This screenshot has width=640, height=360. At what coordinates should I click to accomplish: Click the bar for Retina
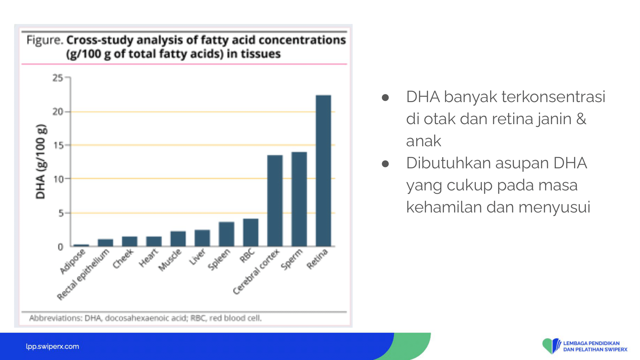(323, 171)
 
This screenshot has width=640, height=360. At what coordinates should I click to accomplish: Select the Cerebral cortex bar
(275, 201)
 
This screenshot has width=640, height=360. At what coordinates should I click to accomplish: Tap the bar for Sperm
(299, 199)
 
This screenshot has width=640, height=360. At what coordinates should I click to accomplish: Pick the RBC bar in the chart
(251, 232)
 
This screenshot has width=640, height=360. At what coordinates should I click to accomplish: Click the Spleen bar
(226, 234)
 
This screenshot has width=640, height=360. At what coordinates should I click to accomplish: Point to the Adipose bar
(81, 245)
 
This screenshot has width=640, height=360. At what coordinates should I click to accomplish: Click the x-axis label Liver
(197, 257)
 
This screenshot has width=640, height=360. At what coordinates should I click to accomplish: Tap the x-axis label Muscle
(170, 260)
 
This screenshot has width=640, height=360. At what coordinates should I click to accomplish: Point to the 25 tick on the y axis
(58, 78)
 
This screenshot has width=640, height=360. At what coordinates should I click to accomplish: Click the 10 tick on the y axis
(59, 179)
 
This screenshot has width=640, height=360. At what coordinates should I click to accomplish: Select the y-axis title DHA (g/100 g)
(41, 162)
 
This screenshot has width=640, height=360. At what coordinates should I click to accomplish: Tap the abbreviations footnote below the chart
(146, 318)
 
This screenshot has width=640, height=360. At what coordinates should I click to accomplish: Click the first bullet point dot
(385, 98)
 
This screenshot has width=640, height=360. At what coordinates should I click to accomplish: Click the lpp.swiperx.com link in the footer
(52, 346)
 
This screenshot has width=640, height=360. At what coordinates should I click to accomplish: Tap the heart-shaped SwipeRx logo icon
(551, 346)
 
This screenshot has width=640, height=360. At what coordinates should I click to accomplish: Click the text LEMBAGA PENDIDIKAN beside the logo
(591, 343)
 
